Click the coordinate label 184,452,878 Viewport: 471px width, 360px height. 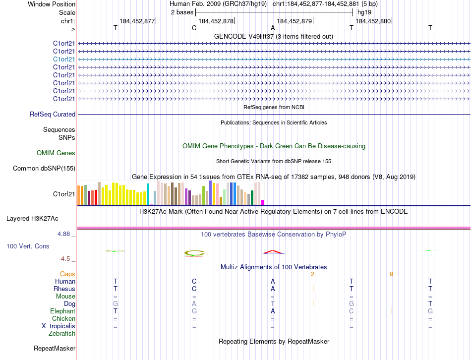[x=216, y=21]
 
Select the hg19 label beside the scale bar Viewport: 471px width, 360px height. [x=364, y=12]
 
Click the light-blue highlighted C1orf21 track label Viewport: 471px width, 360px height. [x=64, y=59]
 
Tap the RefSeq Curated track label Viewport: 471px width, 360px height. [x=53, y=114]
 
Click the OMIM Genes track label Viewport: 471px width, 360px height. [x=56, y=153]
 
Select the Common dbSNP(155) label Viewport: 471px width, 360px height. [x=44, y=168]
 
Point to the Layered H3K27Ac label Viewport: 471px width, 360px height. [x=32, y=218]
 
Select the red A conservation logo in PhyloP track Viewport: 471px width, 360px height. [x=272, y=252]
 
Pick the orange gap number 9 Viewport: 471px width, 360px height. [x=391, y=274]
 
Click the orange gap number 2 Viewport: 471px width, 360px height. [x=312, y=274]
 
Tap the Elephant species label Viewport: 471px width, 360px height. [x=62, y=311]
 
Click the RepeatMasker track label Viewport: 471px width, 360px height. [x=55, y=349]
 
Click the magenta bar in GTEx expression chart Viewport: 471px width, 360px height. [x=262, y=202]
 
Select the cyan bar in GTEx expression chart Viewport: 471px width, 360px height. [x=148, y=194]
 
